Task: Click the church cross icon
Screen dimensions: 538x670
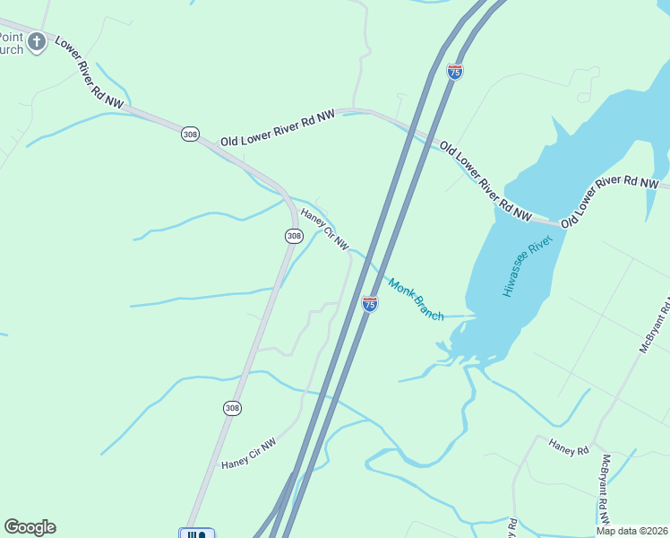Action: coord(36,42)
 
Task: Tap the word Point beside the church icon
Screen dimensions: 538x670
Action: coord(10,37)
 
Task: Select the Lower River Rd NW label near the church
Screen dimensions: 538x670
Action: coord(89,74)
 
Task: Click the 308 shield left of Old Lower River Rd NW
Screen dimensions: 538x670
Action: coord(190,134)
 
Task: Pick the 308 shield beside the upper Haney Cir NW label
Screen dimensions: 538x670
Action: coord(294,236)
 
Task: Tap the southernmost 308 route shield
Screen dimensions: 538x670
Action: coord(232,408)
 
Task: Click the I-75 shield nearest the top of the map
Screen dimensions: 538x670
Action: coord(455,72)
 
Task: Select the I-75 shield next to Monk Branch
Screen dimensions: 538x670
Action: coord(370,304)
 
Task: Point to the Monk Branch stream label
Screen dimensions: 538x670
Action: coord(417,299)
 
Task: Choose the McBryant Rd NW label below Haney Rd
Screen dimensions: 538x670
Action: coord(606,489)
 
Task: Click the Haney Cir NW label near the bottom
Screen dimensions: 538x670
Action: coord(249,453)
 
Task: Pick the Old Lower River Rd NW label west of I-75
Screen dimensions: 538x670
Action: coord(278,127)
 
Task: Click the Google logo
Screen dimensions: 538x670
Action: coord(30,527)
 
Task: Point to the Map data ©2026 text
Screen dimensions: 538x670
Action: coord(631,531)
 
